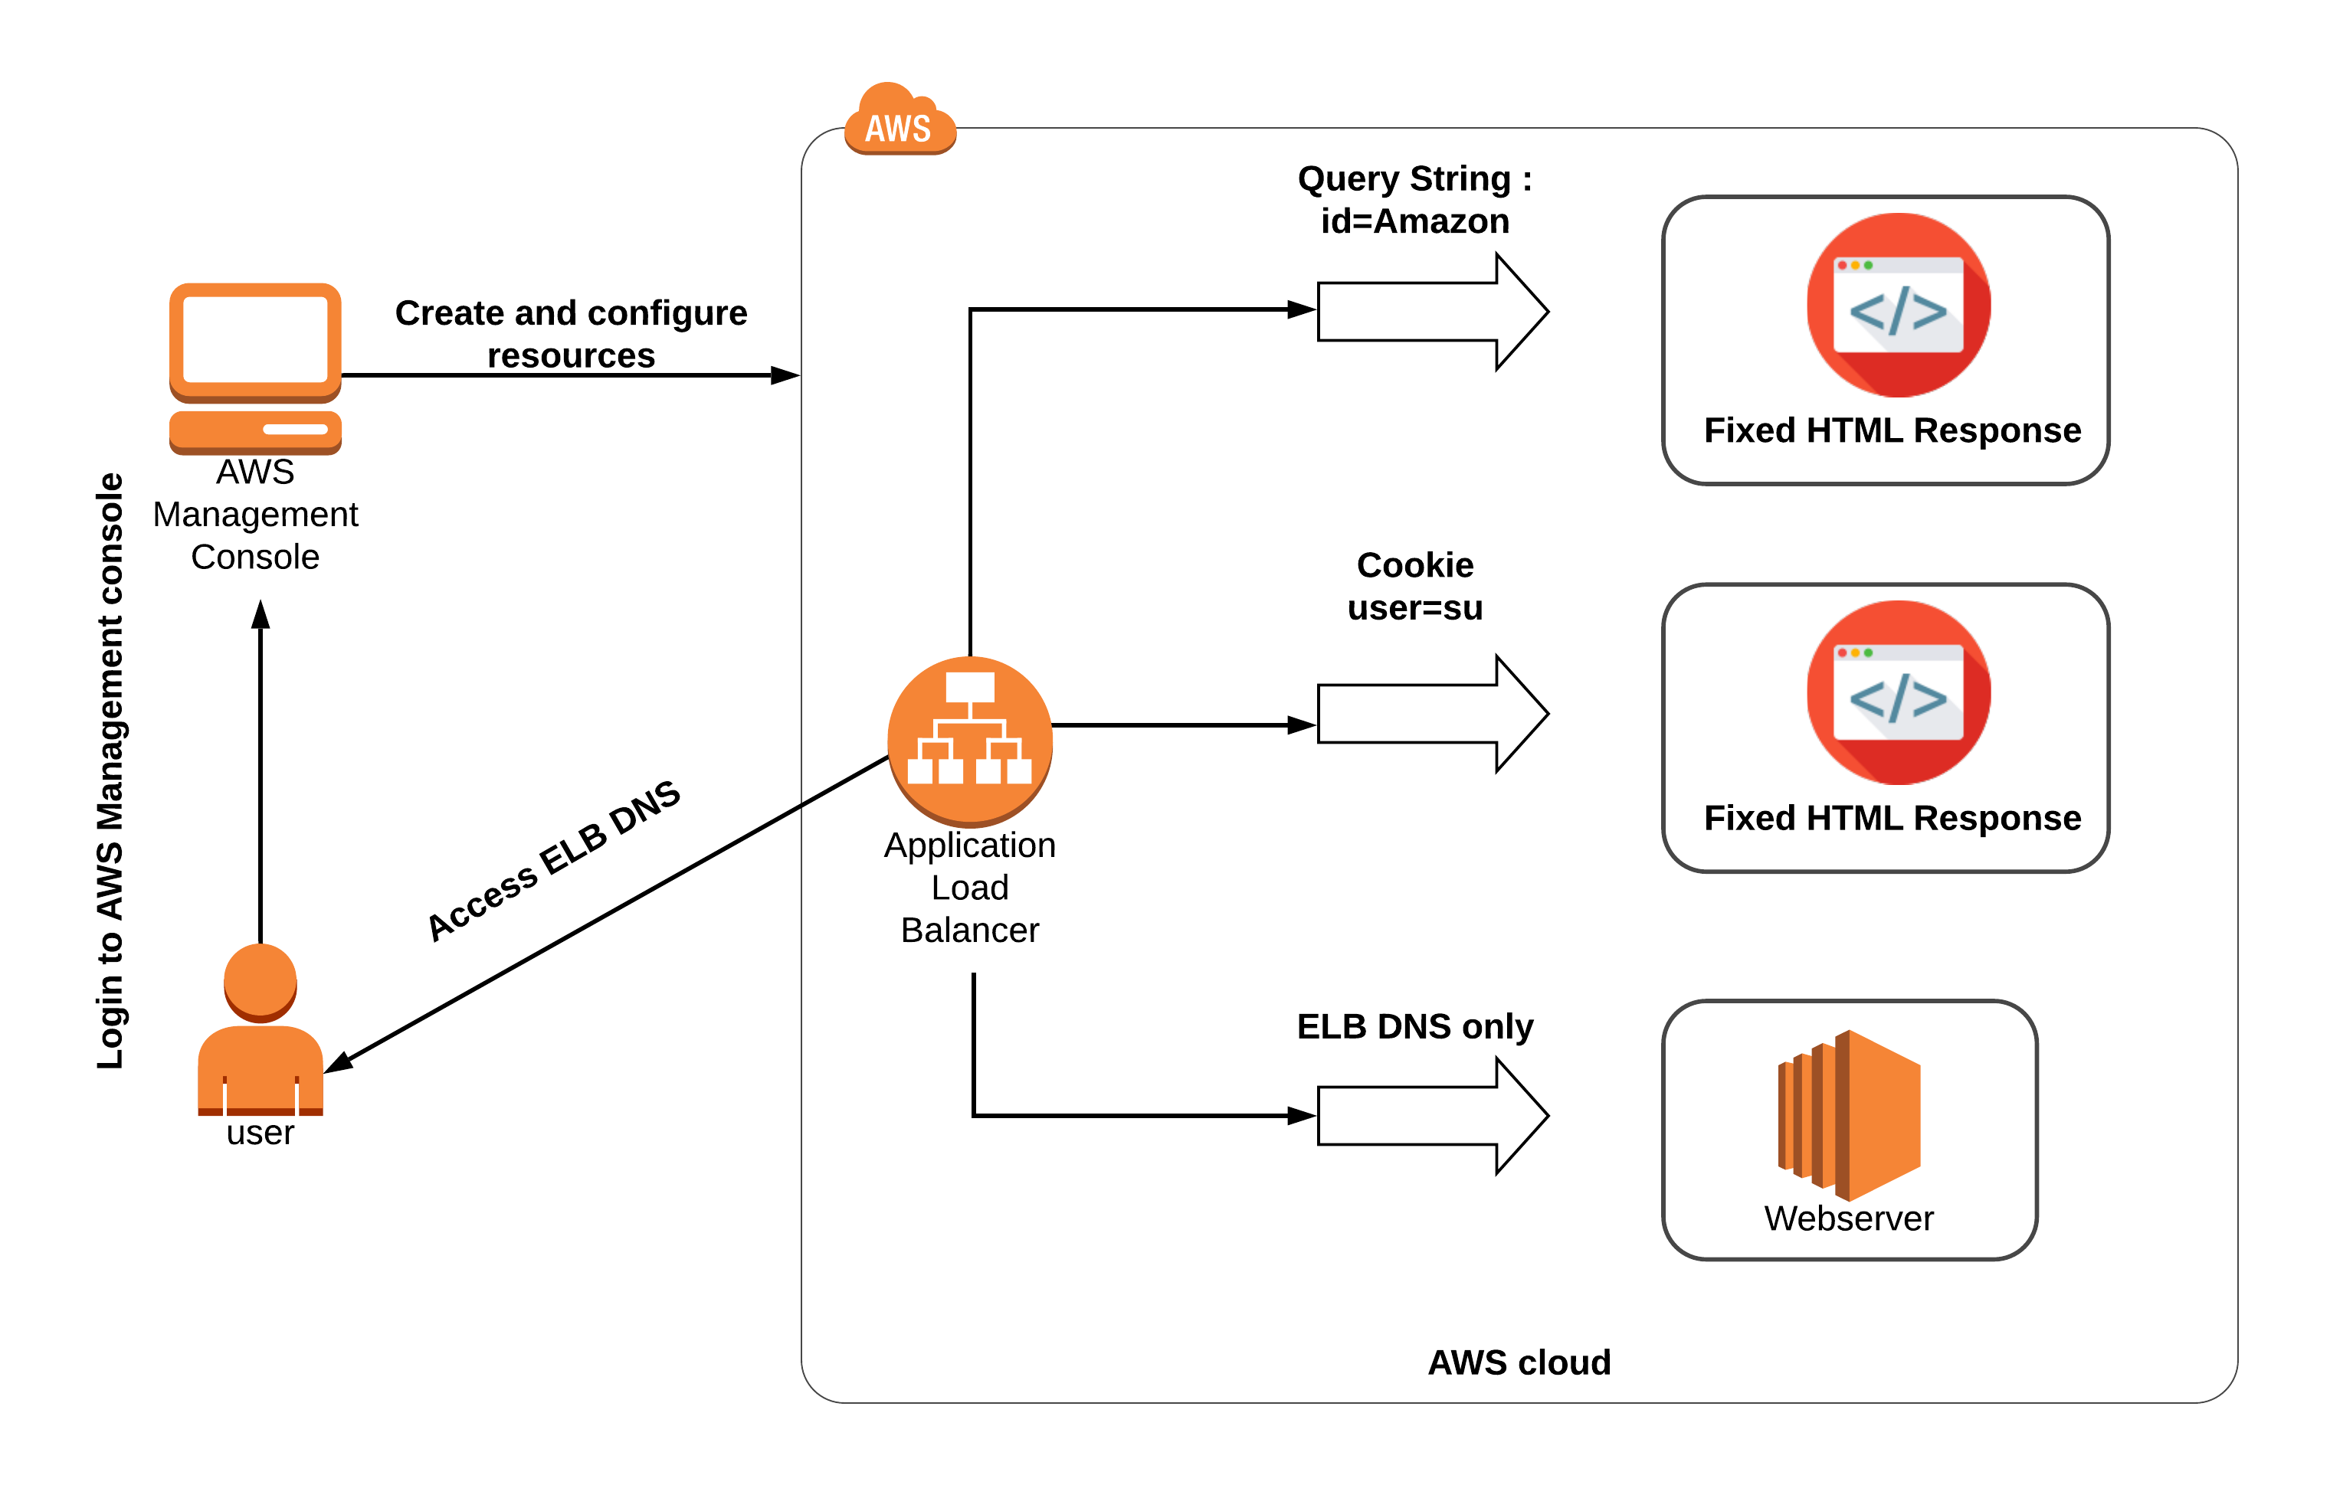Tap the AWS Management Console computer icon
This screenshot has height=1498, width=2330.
[255, 368]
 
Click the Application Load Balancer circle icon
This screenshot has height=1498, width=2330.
[969, 739]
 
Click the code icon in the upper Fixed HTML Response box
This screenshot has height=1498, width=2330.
[1897, 306]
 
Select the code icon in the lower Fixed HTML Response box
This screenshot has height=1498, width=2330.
[1897, 692]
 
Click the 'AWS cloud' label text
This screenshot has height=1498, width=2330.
[1518, 1362]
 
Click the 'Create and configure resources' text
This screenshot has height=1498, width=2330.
[571, 334]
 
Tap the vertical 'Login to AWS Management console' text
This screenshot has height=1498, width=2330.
[110, 770]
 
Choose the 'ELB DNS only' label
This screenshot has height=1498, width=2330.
[1414, 1026]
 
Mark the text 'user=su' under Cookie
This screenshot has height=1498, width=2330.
[1414, 608]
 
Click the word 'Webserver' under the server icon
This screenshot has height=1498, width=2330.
[1848, 1218]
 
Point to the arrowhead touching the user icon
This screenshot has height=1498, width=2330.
[338, 1062]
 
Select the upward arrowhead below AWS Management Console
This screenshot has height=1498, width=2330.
[260, 615]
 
